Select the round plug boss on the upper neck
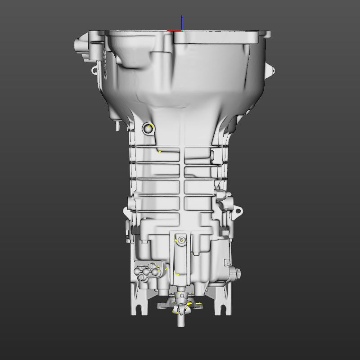(x=148, y=129)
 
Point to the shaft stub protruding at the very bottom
(x=181, y=320)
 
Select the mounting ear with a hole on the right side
(x=237, y=211)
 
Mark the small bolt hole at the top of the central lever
(x=181, y=240)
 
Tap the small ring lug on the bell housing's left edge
(x=94, y=70)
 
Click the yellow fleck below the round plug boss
(x=159, y=152)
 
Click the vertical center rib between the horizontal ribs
(x=182, y=180)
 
